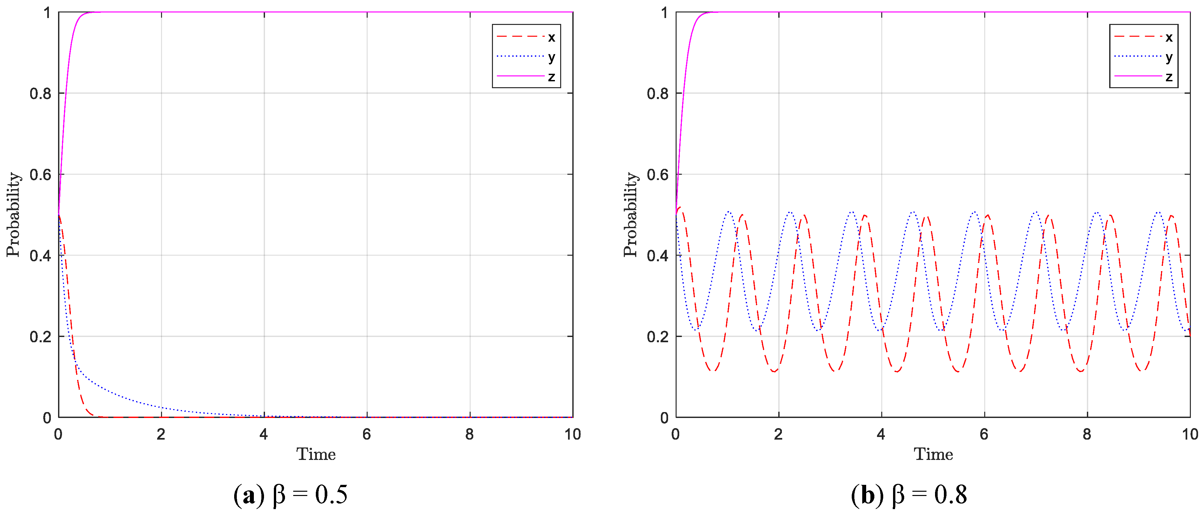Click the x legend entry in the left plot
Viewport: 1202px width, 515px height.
[x=526, y=37]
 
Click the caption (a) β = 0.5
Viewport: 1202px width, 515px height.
[x=290, y=494]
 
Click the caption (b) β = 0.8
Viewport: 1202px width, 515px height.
[x=908, y=494]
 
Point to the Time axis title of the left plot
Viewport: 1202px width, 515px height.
[x=316, y=454]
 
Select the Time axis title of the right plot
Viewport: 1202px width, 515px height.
[x=933, y=454]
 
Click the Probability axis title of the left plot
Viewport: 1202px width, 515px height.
[x=13, y=215]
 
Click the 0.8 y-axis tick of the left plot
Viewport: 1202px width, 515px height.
[x=41, y=94]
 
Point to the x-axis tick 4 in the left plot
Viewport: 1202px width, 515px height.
[x=264, y=434]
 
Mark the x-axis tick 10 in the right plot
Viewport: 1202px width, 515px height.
[x=1190, y=434]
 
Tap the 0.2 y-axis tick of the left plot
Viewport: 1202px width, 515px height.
[x=41, y=337]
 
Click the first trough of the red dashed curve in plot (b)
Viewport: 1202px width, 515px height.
[x=713, y=371]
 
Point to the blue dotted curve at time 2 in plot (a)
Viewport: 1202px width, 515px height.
[x=161, y=407]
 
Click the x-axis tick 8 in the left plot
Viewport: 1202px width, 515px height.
[x=469, y=434]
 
